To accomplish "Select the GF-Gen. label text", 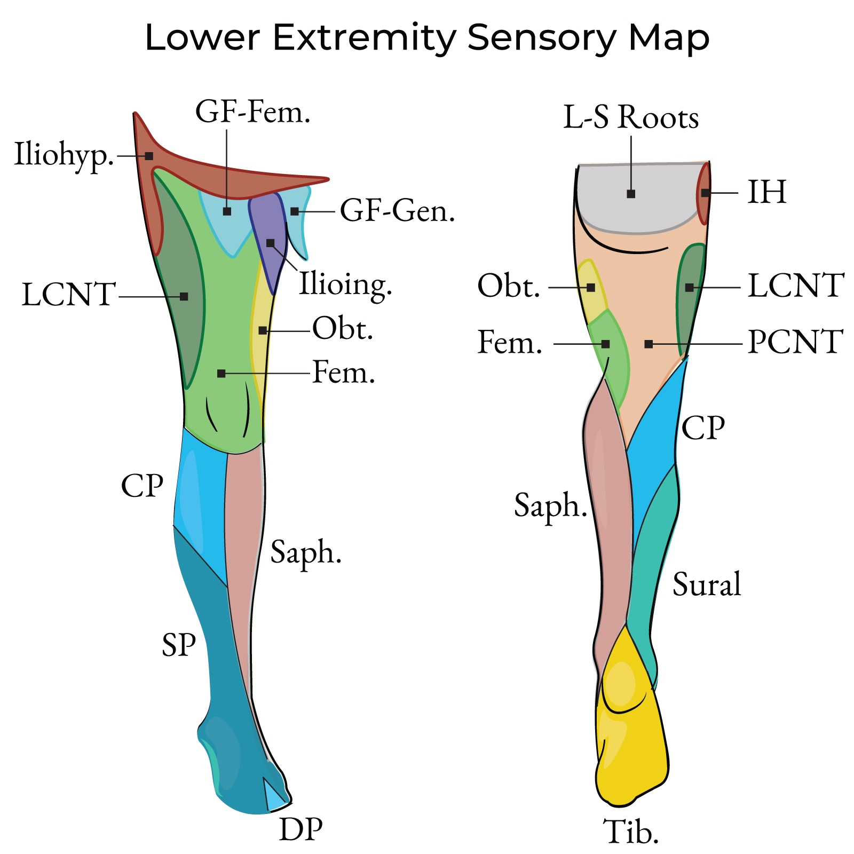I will click(x=398, y=211).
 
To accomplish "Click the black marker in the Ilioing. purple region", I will click(x=271, y=243).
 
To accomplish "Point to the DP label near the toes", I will click(x=301, y=829).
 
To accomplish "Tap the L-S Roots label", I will click(x=631, y=117).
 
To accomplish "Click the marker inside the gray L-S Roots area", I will click(x=631, y=194).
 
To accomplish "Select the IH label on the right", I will click(x=766, y=192).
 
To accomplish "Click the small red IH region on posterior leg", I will click(x=705, y=193).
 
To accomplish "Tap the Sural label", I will click(x=707, y=584).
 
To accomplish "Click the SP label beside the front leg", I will click(x=179, y=645).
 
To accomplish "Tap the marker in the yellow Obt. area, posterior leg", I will click(x=591, y=288).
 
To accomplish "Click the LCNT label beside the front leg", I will click(x=68, y=295).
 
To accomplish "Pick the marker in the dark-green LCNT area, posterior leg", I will click(x=690, y=288).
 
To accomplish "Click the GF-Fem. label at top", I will click(x=253, y=113).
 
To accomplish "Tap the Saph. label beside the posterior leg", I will click(x=550, y=505).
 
